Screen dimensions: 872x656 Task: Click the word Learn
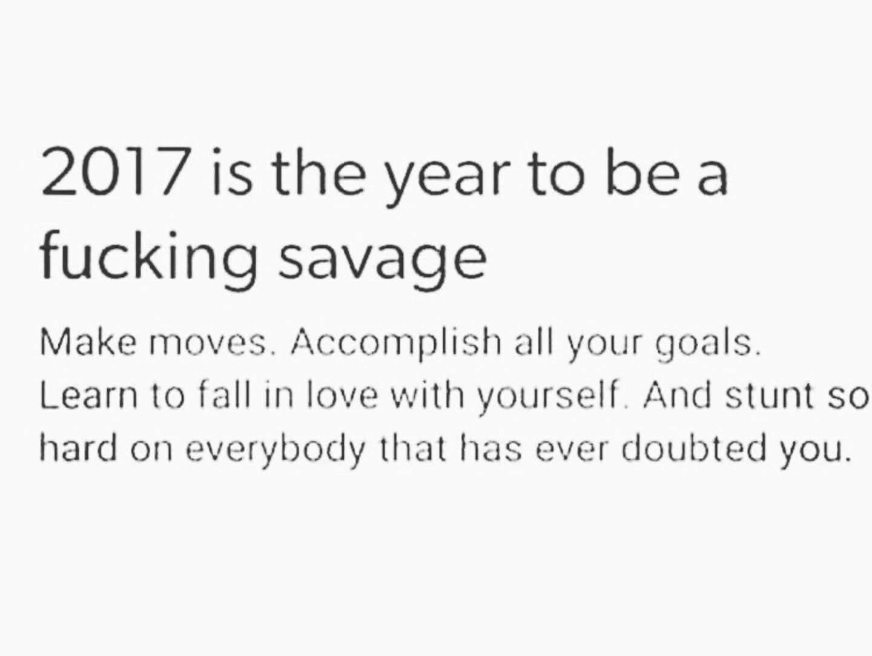click(x=88, y=396)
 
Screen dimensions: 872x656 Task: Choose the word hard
click(x=79, y=447)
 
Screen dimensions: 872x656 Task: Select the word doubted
click(x=692, y=447)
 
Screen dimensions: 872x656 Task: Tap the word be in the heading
click(x=641, y=171)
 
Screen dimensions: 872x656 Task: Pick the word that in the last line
click(x=412, y=447)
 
